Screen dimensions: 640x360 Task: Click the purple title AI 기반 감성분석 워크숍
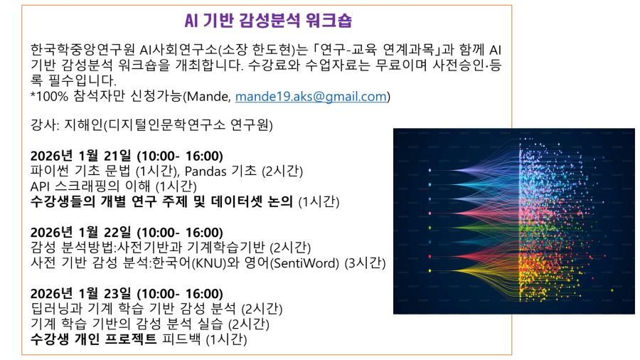pyautogui.click(x=268, y=21)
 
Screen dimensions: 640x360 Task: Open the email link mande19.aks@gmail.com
pyautogui.click(x=311, y=96)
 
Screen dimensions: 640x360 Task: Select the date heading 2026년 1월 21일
pyautogui.click(x=81, y=156)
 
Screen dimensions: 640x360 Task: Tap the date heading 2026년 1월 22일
pyautogui.click(x=81, y=232)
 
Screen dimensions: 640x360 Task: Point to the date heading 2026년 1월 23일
pyautogui.click(x=81, y=293)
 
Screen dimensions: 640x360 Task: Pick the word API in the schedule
pyautogui.click(x=40, y=186)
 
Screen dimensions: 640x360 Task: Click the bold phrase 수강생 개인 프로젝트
pyautogui.click(x=93, y=339)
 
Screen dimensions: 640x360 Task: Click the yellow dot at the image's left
pyautogui.click(x=430, y=270)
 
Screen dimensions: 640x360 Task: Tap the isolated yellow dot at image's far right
pyautogui.click(x=612, y=290)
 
